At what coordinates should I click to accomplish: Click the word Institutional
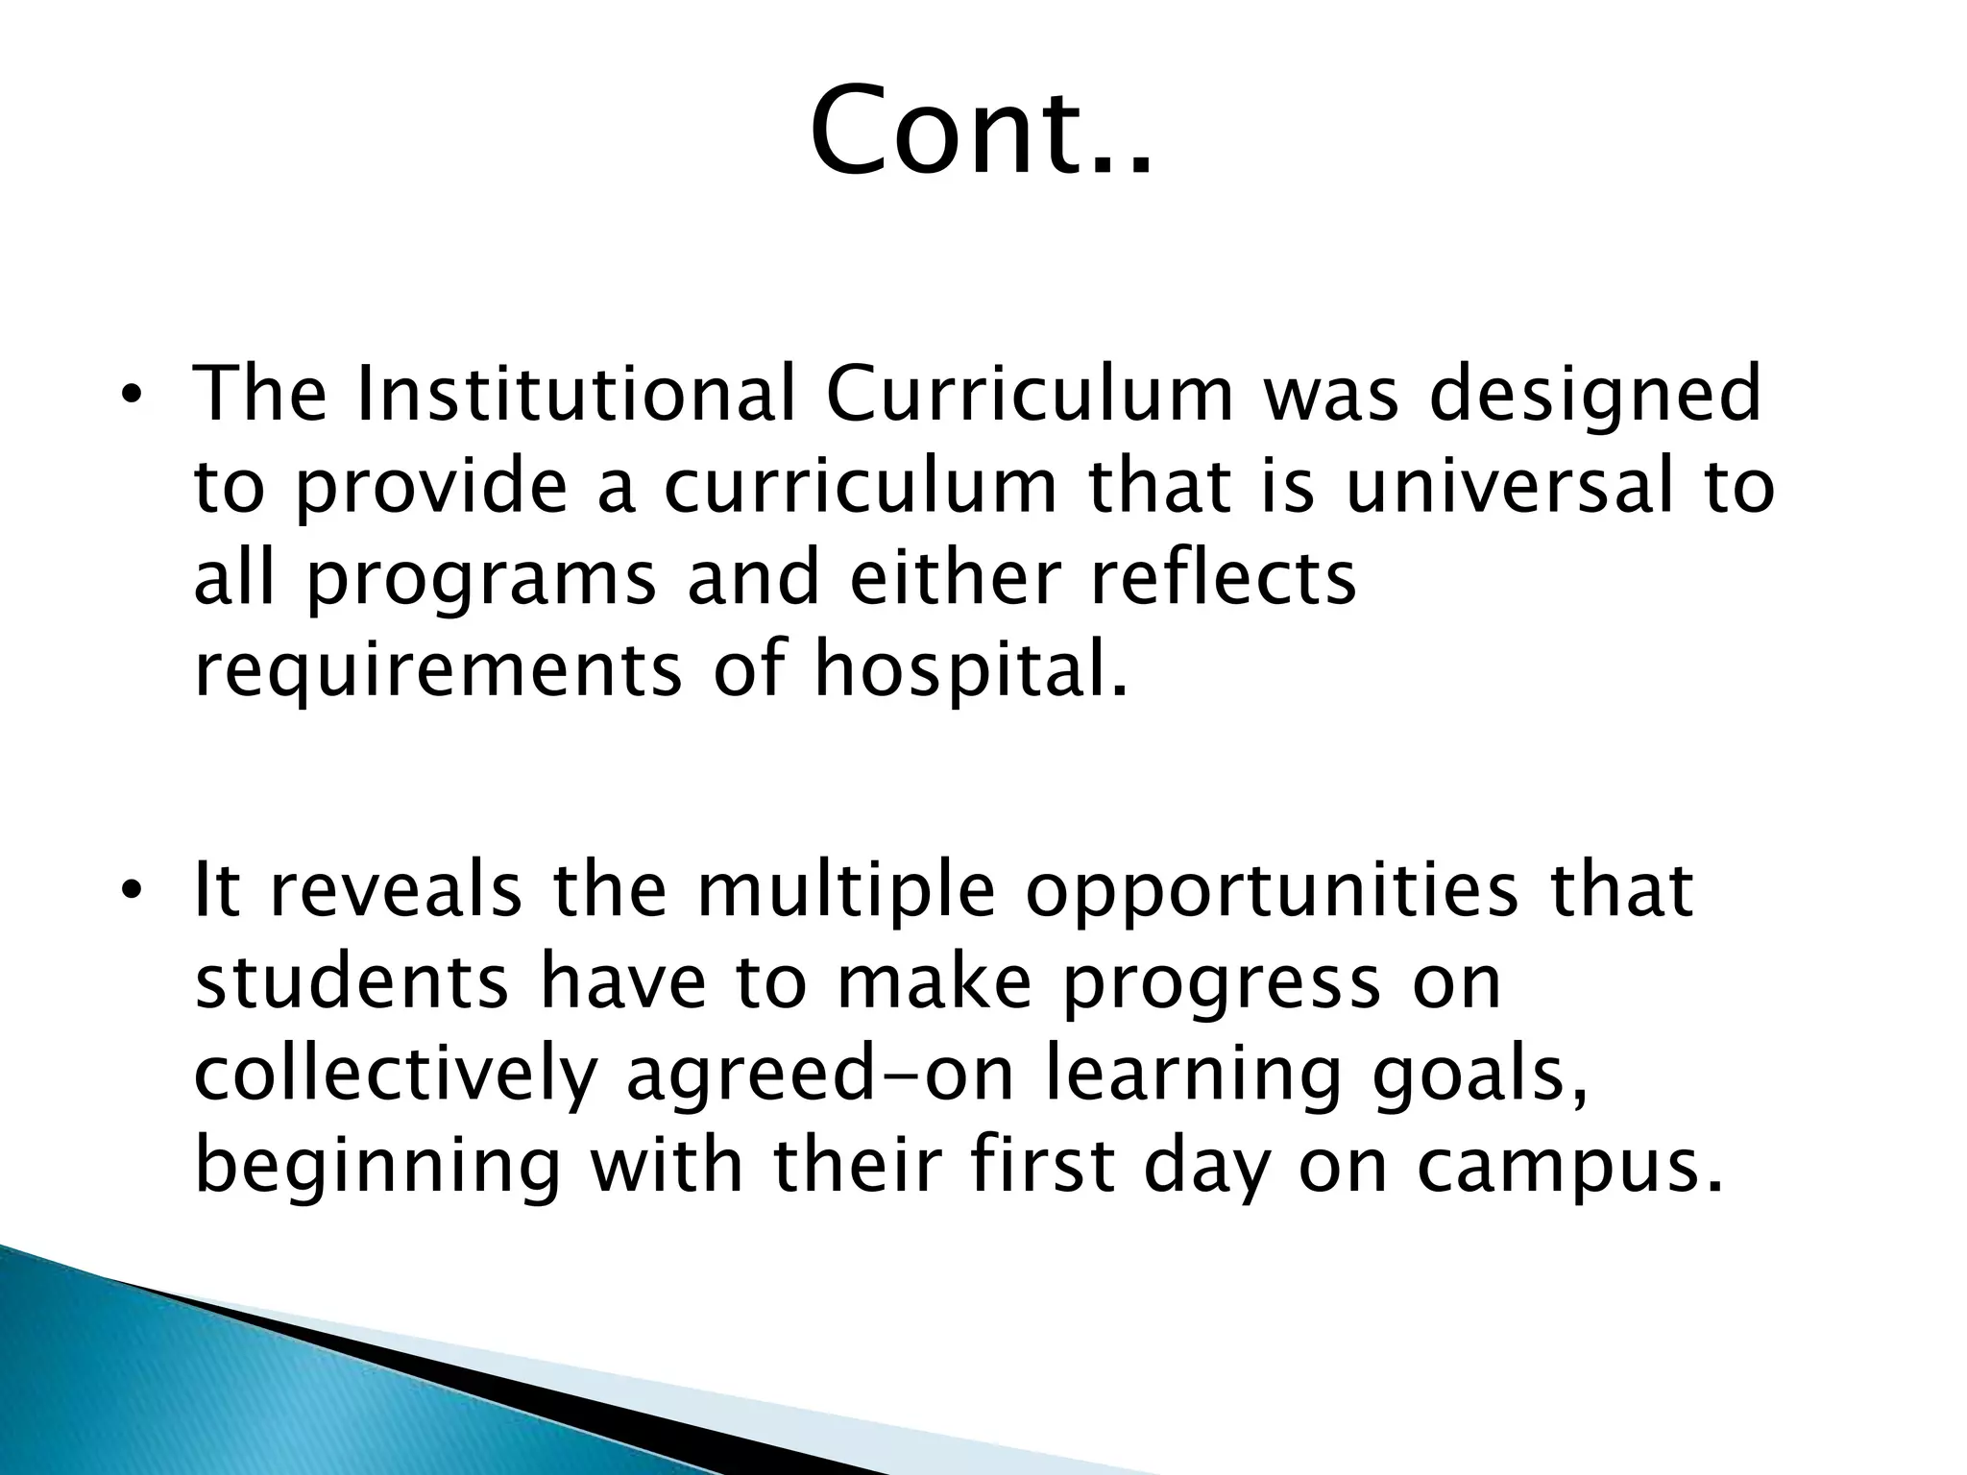tap(575, 395)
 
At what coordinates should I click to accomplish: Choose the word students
tap(351, 981)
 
